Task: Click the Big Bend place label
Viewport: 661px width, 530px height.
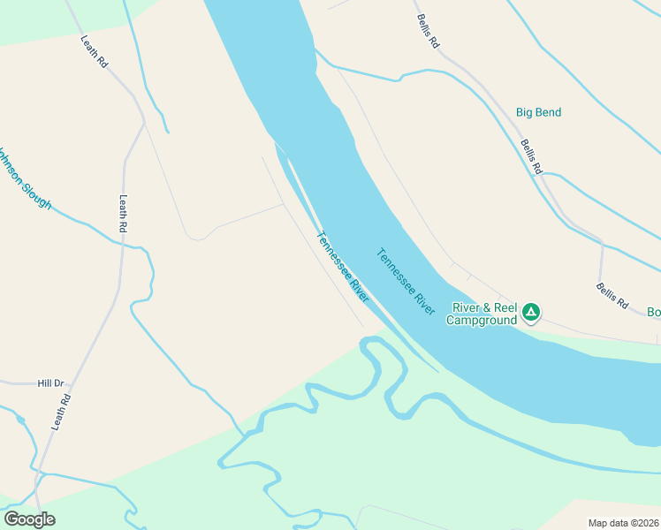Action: coord(538,112)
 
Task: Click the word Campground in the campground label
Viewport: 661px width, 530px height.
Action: coord(481,320)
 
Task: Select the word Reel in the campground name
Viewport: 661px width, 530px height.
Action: coord(505,307)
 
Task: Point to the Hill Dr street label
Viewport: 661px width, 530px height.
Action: coord(51,383)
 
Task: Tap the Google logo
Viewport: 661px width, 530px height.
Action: coord(29,519)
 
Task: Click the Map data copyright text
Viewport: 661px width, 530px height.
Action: coord(624,523)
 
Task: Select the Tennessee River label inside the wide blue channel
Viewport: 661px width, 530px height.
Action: coord(406,281)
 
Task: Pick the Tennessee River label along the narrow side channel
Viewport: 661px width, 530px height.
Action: coord(342,267)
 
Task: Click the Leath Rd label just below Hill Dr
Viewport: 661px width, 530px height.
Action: coord(60,412)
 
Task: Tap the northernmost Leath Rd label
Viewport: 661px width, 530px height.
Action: coord(94,52)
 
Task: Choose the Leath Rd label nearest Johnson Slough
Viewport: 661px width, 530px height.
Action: coord(123,214)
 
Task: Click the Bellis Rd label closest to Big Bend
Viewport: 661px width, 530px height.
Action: coord(531,156)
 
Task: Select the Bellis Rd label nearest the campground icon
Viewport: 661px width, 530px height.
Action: coord(612,295)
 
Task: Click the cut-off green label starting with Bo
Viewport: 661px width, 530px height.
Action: coord(654,312)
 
